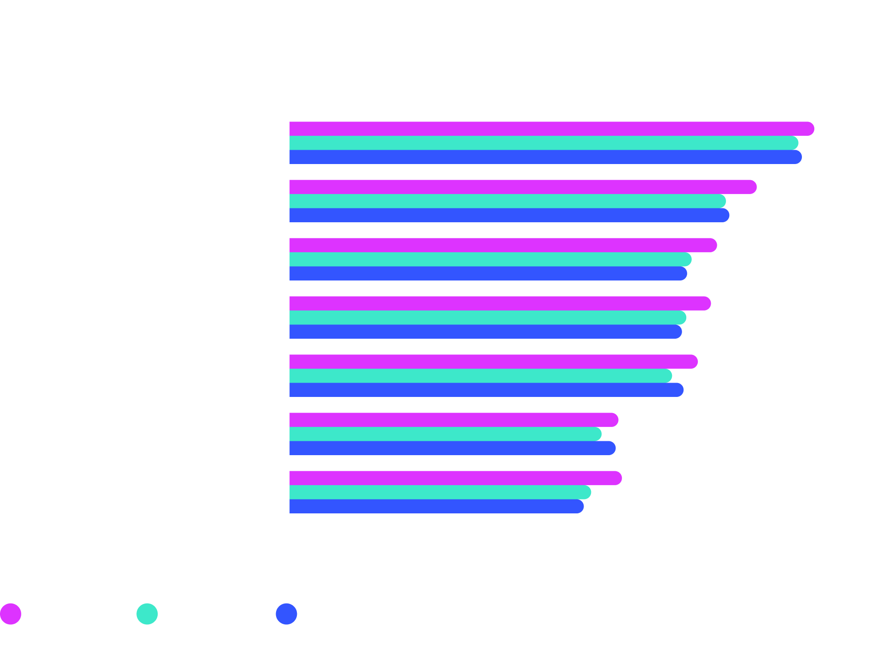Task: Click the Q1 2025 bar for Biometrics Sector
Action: point(550,128)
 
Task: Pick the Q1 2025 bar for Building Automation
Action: point(523,187)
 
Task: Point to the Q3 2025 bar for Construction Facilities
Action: point(485,332)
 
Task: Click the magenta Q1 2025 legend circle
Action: point(11,614)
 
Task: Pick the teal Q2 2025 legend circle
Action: point(147,614)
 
